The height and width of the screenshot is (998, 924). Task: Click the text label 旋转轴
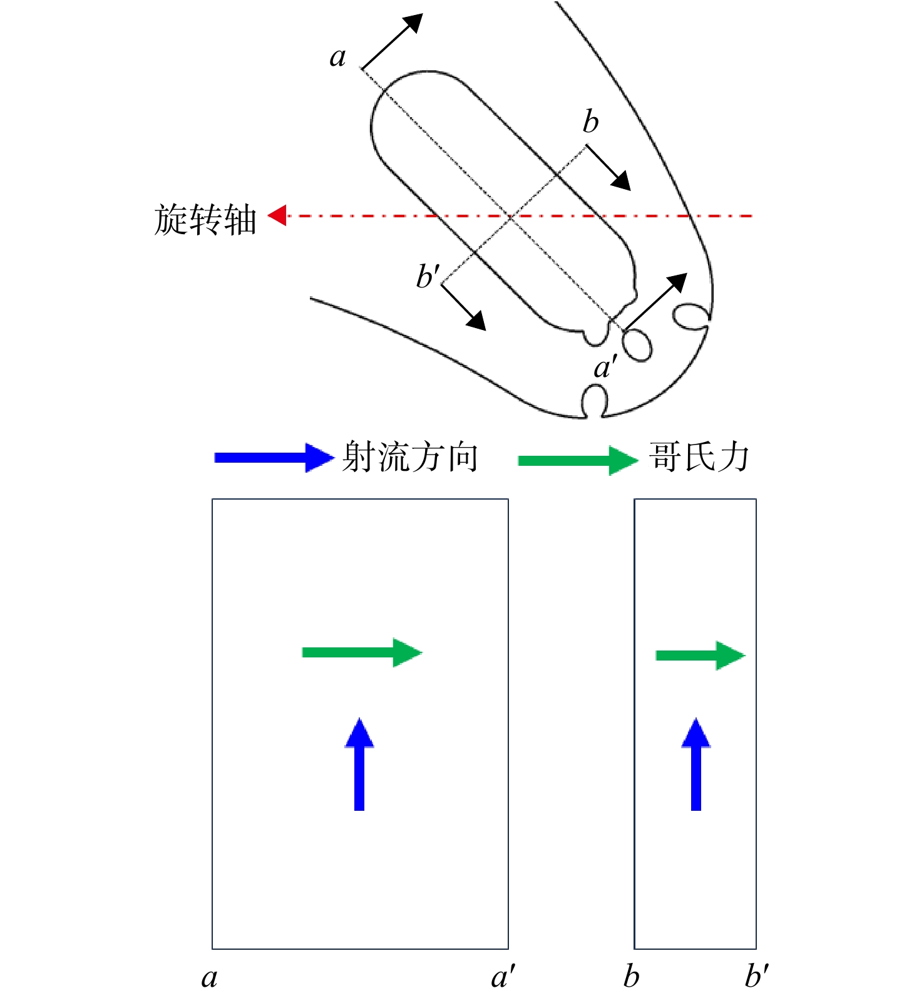click(205, 219)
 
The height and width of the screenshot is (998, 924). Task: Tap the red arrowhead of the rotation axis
click(277, 215)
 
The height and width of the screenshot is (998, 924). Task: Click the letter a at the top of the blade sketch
click(338, 58)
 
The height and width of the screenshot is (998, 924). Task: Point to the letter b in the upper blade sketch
click(590, 121)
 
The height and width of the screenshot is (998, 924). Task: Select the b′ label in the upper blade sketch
click(429, 275)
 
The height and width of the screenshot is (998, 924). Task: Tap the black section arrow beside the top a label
click(393, 41)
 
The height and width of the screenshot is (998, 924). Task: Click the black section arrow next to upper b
click(608, 168)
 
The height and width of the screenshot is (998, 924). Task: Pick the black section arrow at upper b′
click(464, 307)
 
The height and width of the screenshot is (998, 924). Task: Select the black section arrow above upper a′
click(655, 302)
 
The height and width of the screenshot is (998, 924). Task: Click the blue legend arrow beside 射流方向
click(274, 458)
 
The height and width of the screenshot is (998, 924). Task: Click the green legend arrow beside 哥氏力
click(578, 461)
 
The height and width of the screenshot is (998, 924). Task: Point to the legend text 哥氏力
click(699, 456)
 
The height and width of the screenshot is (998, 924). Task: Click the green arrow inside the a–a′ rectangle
click(362, 652)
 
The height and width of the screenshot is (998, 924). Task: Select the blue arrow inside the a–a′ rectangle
click(359, 764)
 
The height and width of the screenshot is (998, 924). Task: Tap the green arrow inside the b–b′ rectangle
click(701, 656)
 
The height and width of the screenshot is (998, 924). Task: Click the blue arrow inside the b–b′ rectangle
click(696, 764)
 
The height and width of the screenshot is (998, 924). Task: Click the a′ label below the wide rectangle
click(503, 976)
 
